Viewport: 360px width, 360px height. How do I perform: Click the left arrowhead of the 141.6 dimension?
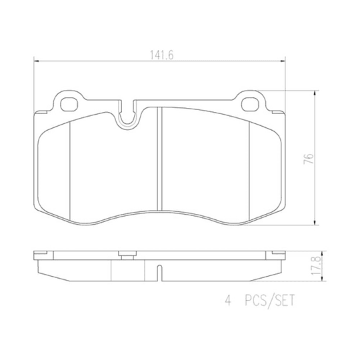(35, 62)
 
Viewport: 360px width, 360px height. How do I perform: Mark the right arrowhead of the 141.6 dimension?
(286, 62)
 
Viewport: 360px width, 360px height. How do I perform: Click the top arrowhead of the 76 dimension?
(315, 93)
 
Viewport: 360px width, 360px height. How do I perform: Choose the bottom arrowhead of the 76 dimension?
(315, 224)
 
